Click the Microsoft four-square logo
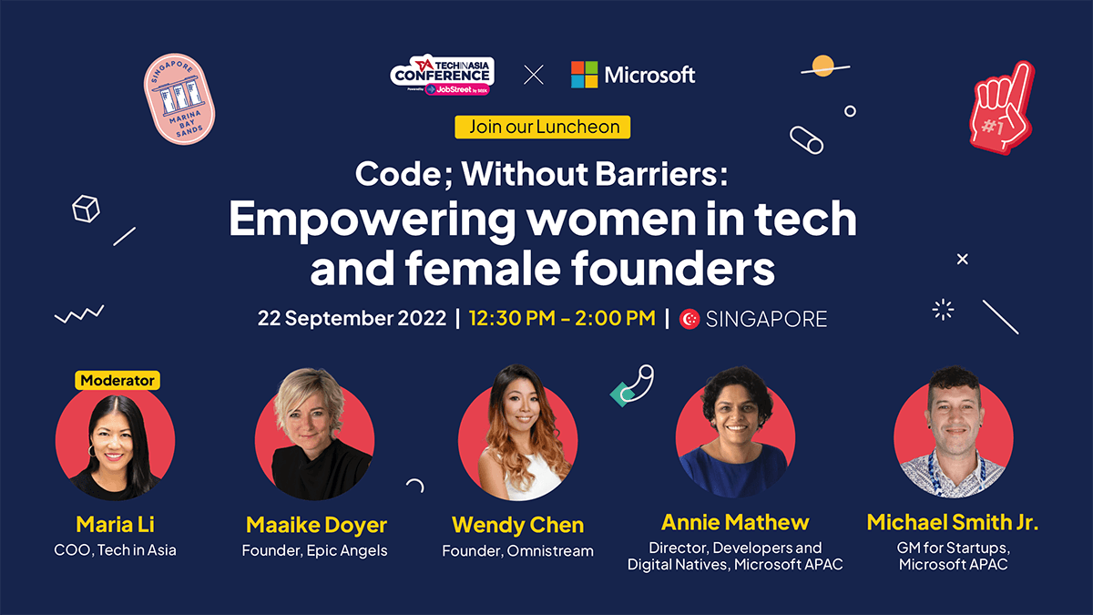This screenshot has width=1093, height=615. tap(584, 75)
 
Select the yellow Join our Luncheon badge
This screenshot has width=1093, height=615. tap(543, 127)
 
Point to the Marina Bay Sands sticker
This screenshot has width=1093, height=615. tap(179, 98)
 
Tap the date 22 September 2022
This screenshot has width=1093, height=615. tap(352, 318)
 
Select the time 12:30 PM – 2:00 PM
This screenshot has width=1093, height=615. tap(562, 318)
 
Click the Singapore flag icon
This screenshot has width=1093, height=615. tap(690, 319)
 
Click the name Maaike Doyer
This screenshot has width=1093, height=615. tap(316, 526)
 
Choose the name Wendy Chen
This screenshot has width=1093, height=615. tap(517, 526)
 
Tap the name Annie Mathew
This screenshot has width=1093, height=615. tap(735, 522)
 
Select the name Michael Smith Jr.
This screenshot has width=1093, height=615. tap(953, 522)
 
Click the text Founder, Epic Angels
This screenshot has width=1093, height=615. tap(315, 550)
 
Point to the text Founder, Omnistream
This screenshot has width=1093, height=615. tap(517, 550)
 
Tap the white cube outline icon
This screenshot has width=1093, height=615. tap(86, 209)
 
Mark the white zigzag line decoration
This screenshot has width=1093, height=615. tap(79, 314)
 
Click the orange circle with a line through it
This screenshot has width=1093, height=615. tap(823, 66)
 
